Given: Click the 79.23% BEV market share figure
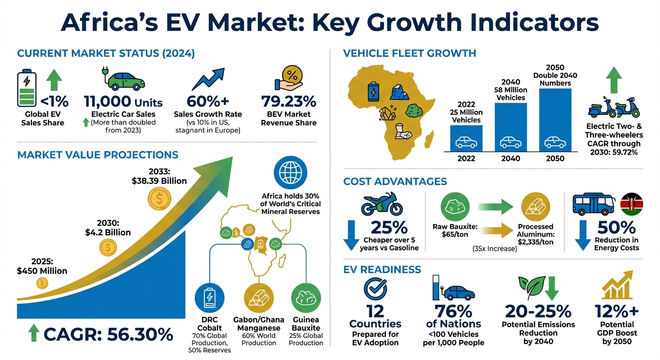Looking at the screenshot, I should pyautogui.click(x=288, y=101).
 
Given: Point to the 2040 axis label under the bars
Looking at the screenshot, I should pyautogui.click(x=510, y=158).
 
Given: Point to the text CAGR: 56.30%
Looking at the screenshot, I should pyautogui.click(x=108, y=334).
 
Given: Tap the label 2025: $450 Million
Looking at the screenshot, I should pyautogui.click(x=42, y=266).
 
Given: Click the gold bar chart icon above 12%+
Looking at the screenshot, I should pyautogui.click(x=616, y=285).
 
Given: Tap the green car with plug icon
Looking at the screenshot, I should pyautogui.click(x=123, y=79).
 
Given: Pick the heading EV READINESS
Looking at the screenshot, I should pyautogui.click(x=382, y=270).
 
